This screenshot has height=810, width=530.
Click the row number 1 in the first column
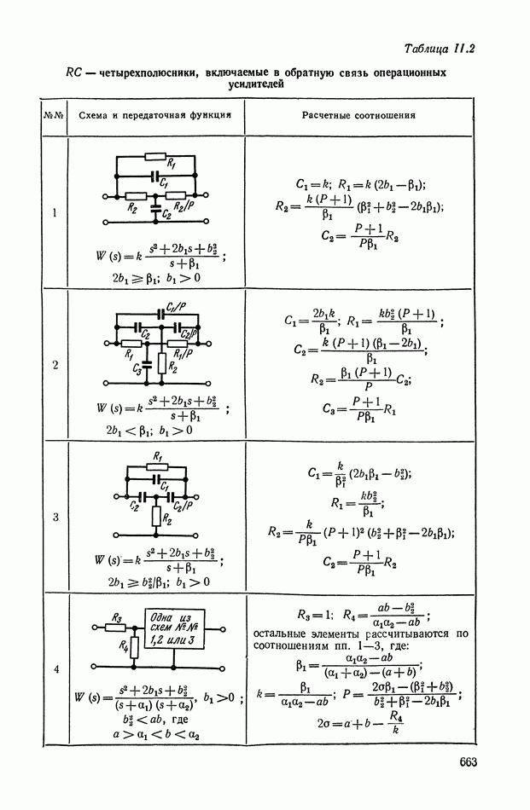[54, 213]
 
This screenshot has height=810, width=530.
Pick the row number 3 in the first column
[55, 517]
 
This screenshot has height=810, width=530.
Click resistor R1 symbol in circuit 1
[154, 157]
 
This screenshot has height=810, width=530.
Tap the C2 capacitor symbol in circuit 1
[154, 206]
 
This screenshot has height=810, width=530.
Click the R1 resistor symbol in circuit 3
[154, 466]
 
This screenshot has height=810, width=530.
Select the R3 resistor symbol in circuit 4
[117, 627]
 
